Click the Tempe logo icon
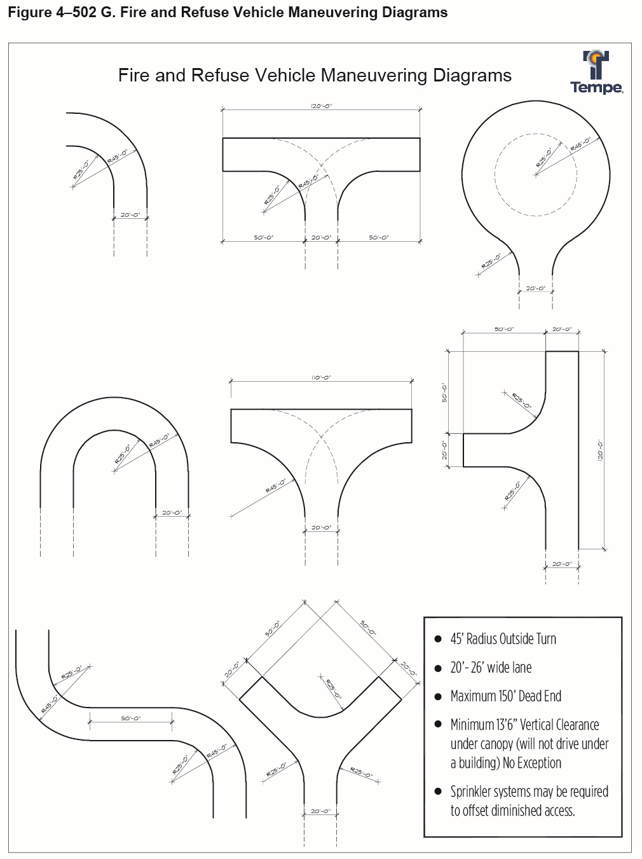click(597, 64)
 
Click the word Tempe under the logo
click(596, 88)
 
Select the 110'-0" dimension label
click(321, 377)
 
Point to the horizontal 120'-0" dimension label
click(321, 106)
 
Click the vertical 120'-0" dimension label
click(599, 451)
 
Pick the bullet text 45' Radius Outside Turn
click(503, 639)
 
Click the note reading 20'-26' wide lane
click(491, 667)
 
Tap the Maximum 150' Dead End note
click(505, 696)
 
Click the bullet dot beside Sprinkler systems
click(437, 792)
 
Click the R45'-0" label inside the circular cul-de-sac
click(580, 144)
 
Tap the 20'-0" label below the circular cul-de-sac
click(535, 288)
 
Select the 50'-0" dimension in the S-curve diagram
click(130, 718)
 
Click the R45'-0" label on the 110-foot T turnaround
click(275, 486)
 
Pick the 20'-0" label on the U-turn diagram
click(172, 512)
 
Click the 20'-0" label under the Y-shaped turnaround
click(321, 811)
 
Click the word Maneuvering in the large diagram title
click(366, 76)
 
